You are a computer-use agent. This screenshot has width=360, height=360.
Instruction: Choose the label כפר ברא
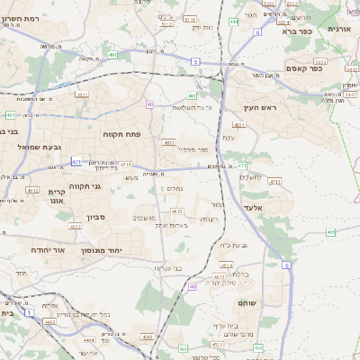[295, 31]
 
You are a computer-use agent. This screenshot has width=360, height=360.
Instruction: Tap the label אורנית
[339, 28]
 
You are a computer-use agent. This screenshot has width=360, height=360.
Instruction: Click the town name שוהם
[247, 303]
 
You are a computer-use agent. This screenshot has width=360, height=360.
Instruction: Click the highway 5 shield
[195, 61]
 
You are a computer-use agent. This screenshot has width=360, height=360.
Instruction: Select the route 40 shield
[149, 103]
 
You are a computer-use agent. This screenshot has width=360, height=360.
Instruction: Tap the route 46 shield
[193, 286]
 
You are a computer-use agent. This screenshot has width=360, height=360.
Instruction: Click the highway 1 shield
[29, 312]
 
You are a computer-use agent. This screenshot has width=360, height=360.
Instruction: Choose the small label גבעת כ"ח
[234, 245]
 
